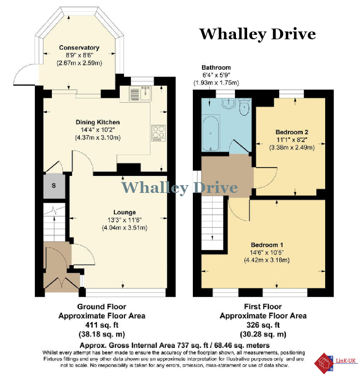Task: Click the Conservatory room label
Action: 79,47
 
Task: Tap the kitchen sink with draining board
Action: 140,94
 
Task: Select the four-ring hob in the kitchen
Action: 158,133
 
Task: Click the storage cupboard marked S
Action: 54,186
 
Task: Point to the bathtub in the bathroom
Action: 211,133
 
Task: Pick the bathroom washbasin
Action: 228,104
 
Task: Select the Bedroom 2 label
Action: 292,132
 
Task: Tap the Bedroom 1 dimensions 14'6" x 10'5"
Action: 266,252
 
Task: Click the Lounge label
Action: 125,212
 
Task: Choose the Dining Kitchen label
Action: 97,122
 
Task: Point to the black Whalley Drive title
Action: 258,34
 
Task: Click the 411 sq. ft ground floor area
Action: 102,325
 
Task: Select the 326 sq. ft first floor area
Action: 263,325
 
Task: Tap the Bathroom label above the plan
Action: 216,67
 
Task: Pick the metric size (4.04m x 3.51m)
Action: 125,228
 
